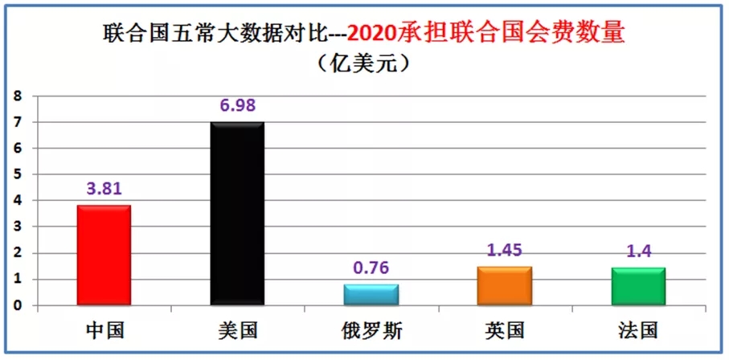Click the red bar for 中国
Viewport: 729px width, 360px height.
pos(104,256)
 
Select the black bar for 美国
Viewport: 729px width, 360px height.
pos(237,214)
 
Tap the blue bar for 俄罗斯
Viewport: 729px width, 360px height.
pos(371,295)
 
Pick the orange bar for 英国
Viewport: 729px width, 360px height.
pos(504,286)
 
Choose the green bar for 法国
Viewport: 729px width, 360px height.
pos(638,287)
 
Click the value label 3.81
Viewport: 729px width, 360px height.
pos(104,190)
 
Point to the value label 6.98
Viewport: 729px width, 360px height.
pos(237,106)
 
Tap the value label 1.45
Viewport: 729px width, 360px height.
pos(504,251)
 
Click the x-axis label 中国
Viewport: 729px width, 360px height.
pos(104,330)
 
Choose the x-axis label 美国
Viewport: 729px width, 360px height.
pos(237,330)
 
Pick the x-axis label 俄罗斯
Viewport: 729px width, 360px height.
pos(371,330)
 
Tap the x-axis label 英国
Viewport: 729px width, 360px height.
pos(504,330)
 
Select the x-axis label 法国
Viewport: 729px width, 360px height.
pos(638,330)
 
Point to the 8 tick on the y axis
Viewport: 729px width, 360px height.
pos(16,96)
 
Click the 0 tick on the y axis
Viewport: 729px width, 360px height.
pos(16,306)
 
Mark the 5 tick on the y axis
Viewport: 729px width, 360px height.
pos(16,175)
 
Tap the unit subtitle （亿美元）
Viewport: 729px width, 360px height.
pos(363,63)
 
